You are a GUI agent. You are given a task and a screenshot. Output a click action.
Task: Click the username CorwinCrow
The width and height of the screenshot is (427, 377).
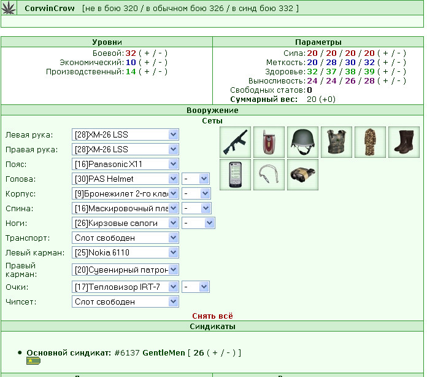click(50, 9)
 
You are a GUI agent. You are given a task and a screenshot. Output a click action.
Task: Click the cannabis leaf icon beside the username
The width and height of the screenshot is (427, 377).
click(9, 7)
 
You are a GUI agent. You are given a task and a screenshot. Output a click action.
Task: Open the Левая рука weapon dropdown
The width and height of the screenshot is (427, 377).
click(125, 134)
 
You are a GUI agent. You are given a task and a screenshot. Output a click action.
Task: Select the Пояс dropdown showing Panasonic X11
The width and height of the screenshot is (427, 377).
click(125, 164)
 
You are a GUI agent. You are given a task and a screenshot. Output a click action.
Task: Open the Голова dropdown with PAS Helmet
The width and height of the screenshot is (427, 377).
click(125, 179)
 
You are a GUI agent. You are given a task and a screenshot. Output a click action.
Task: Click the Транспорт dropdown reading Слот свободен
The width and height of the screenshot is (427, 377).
click(125, 238)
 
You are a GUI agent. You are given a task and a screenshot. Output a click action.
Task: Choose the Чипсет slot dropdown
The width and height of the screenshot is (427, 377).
click(125, 301)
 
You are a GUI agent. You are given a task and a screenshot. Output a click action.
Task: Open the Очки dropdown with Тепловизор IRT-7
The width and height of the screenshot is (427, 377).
click(125, 287)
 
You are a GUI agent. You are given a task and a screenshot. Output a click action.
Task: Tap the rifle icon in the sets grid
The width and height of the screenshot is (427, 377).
click(236, 142)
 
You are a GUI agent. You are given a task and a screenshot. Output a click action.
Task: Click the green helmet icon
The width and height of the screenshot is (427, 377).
click(302, 142)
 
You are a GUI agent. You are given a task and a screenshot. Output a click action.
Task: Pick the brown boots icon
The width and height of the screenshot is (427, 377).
click(404, 142)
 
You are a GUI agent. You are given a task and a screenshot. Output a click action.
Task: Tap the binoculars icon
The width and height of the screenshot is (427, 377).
click(302, 175)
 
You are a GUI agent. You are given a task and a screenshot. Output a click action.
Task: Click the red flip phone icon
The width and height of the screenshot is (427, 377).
click(269, 142)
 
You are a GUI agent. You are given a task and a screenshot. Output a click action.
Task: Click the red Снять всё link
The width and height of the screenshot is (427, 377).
click(212, 316)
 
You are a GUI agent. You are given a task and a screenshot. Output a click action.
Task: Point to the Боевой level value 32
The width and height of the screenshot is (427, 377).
click(131, 53)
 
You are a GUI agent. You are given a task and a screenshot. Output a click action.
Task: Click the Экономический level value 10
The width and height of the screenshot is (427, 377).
click(131, 63)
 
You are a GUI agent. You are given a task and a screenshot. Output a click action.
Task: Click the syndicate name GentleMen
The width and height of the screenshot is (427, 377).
click(164, 352)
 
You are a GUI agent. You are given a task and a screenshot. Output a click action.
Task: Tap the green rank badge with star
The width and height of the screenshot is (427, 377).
click(34, 361)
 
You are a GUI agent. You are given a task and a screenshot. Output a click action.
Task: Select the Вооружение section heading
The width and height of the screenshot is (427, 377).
click(212, 110)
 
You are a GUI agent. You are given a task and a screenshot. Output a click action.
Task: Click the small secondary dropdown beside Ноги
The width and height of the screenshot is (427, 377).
click(198, 223)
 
